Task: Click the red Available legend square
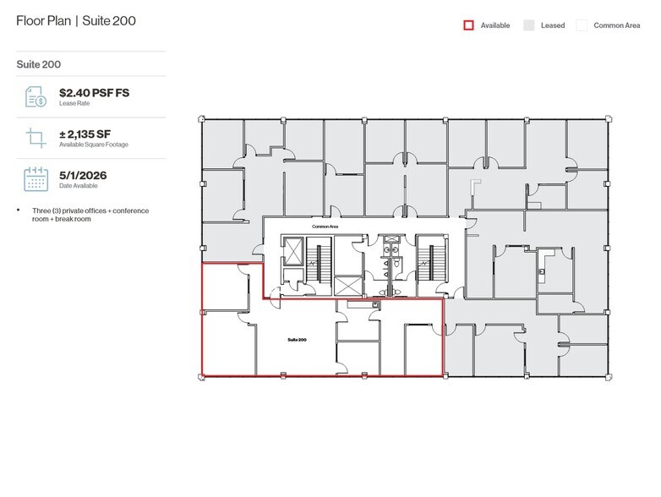tap(468, 25)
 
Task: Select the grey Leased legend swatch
tap(528, 25)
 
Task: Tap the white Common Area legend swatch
tap(582, 25)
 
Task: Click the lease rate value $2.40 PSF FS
tap(94, 93)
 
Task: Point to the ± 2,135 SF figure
tap(85, 134)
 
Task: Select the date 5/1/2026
tap(83, 175)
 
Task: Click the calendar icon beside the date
tap(36, 179)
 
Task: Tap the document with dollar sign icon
tap(36, 96)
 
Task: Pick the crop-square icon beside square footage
tap(36, 138)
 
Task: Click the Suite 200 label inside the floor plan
tap(297, 340)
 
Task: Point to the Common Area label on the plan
tap(325, 227)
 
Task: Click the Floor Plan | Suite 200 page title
tap(76, 20)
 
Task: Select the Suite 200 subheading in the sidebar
tap(38, 64)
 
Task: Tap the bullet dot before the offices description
tap(18, 210)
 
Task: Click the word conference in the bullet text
tap(131, 210)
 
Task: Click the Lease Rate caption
tap(74, 103)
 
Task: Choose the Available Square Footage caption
tap(94, 145)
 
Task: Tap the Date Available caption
tap(78, 186)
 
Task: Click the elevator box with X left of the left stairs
tap(292, 252)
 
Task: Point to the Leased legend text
tap(553, 25)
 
